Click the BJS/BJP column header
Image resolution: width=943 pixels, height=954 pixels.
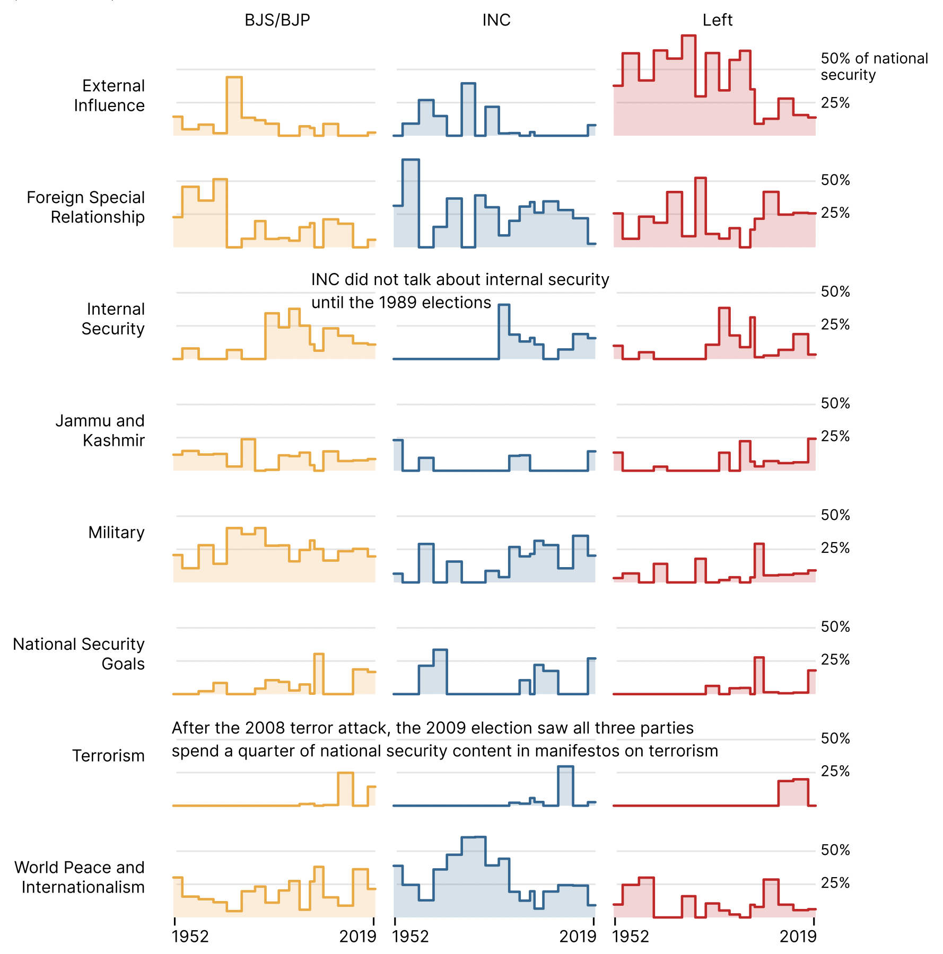tap(277, 20)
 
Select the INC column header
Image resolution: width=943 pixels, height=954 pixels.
tap(496, 20)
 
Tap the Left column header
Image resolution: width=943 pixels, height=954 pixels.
tap(717, 20)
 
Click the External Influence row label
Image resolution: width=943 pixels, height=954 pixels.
tap(109, 95)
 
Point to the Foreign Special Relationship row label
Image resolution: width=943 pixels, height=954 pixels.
tap(86, 207)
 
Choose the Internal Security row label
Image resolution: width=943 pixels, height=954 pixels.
tap(113, 319)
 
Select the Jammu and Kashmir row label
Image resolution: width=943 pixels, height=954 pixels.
tap(100, 430)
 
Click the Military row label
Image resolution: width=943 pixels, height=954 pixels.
tap(116, 532)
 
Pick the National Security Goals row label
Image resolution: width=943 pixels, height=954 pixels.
tap(79, 653)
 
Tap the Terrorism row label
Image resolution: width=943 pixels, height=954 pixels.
tap(108, 755)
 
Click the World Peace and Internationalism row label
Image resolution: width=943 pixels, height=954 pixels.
tap(80, 877)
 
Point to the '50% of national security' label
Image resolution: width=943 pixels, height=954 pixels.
tap(874, 66)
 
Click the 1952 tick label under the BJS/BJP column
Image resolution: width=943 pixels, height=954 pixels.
tap(190, 937)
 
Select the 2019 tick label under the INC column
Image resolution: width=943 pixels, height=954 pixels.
tap(578, 937)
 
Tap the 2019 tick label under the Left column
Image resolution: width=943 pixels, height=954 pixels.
tap(798, 937)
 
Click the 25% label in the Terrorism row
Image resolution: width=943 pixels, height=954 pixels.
tap(835, 771)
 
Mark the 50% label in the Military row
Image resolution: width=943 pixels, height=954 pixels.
tap(835, 515)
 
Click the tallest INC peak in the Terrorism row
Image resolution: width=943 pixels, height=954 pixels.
tap(565, 767)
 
